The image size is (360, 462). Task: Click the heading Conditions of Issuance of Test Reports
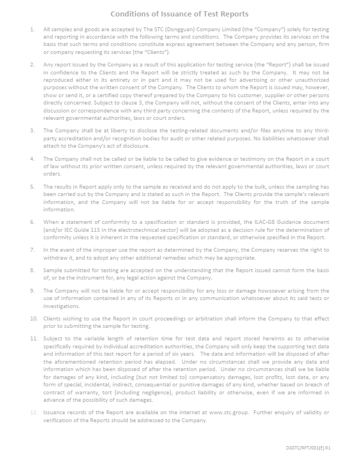pos(179,14)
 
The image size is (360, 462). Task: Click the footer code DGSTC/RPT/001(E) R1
pos(308,448)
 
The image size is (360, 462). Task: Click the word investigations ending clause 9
pos(62,306)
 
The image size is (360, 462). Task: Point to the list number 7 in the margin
pos(32,249)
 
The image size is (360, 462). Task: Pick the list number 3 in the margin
pos(32,131)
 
